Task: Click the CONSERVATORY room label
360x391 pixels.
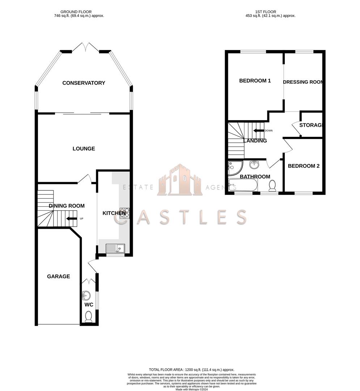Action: pyautogui.click(x=84, y=83)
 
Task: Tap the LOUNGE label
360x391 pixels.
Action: pyautogui.click(x=84, y=148)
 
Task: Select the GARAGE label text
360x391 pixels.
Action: pyautogui.click(x=58, y=276)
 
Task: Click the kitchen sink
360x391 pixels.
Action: pyautogui.click(x=115, y=248)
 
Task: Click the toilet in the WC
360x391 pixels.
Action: pyautogui.click(x=88, y=317)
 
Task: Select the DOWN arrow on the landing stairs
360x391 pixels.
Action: pyautogui.click(x=259, y=131)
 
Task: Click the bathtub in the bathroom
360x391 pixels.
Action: pyautogui.click(x=243, y=186)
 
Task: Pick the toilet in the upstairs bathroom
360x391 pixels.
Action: pyautogui.click(x=272, y=186)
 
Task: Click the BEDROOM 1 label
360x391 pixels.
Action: pyautogui.click(x=255, y=81)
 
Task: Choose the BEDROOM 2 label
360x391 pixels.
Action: pyautogui.click(x=304, y=166)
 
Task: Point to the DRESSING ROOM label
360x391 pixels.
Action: pyautogui.click(x=302, y=82)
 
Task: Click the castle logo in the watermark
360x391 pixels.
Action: pyautogui.click(x=180, y=180)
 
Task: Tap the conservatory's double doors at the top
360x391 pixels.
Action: pyautogui.click(x=85, y=47)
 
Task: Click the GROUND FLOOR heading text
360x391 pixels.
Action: pyautogui.click(x=76, y=12)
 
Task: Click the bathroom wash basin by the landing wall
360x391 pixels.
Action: pyautogui.click(x=255, y=165)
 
